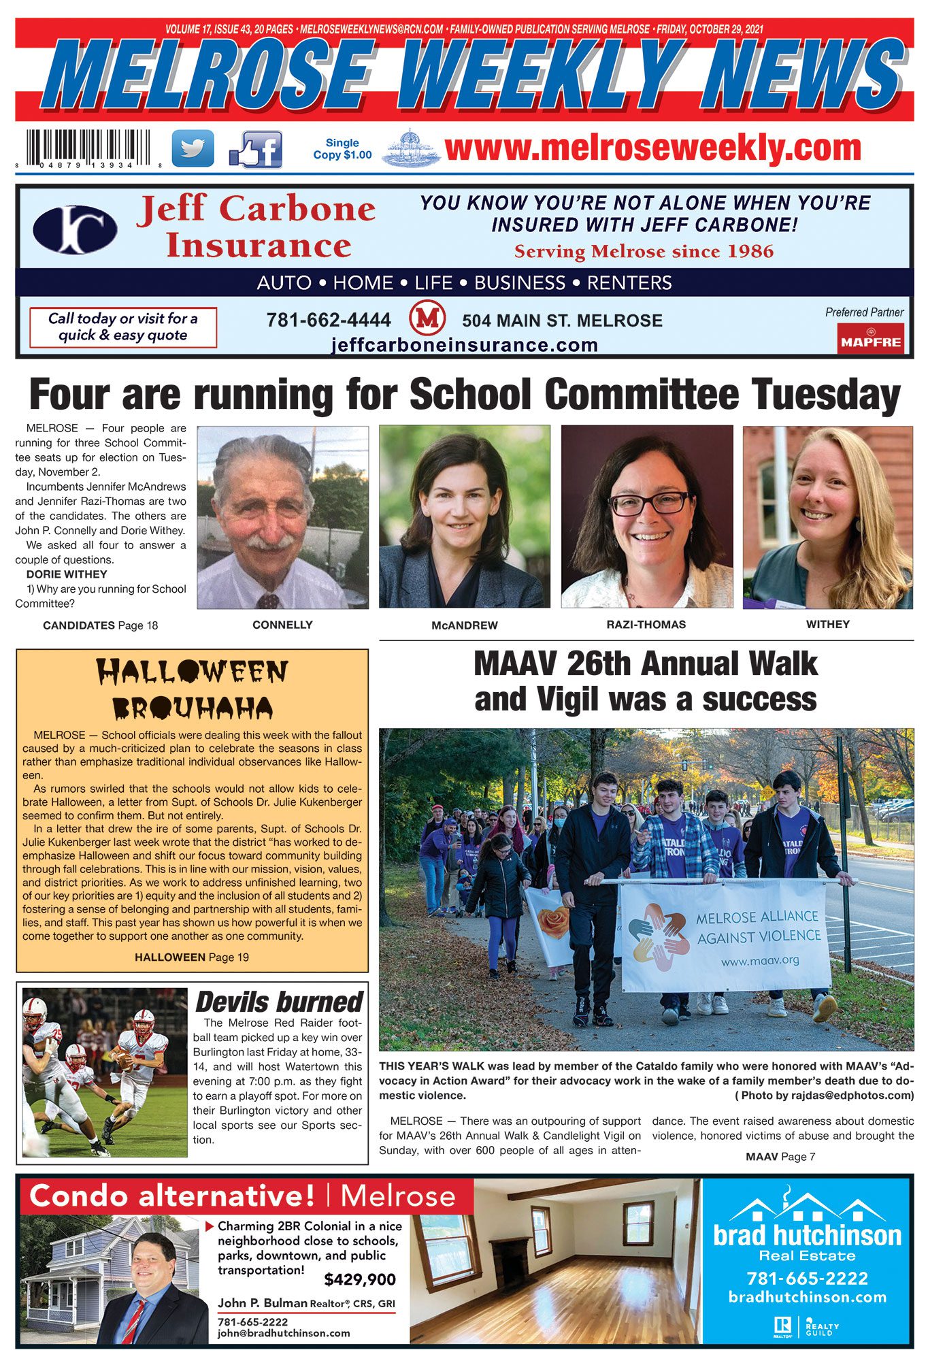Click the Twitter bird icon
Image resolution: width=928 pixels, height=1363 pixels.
[193, 148]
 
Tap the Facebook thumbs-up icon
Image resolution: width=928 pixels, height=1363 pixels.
[256, 150]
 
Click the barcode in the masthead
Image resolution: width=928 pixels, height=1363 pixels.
[89, 148]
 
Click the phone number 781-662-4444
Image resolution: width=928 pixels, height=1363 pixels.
[329, 320]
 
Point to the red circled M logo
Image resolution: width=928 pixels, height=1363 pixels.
[427, 319]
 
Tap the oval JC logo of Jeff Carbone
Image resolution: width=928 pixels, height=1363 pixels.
[75, 229]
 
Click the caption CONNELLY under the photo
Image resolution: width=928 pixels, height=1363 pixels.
[282, 625]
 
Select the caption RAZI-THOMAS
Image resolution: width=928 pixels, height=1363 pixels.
[646, 624]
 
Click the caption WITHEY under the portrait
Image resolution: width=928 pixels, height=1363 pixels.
[827, 624]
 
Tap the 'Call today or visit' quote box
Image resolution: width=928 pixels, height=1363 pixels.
[123, 327]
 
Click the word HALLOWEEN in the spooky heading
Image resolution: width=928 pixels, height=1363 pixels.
[192, 672]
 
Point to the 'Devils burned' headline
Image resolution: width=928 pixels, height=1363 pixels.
[279, 1002]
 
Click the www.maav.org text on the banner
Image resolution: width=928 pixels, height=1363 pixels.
[759, 962]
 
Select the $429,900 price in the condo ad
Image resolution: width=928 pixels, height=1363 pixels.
[360, 1279]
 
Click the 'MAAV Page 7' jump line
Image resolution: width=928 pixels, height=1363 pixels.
[780, 1156]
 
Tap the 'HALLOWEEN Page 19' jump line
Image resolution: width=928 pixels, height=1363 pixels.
[192, 957]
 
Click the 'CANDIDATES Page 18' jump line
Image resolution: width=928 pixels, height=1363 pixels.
[100, 625]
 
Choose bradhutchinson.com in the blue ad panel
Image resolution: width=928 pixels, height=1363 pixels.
[808, 1297]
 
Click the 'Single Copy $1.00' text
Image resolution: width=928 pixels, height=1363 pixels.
[342, 148]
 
